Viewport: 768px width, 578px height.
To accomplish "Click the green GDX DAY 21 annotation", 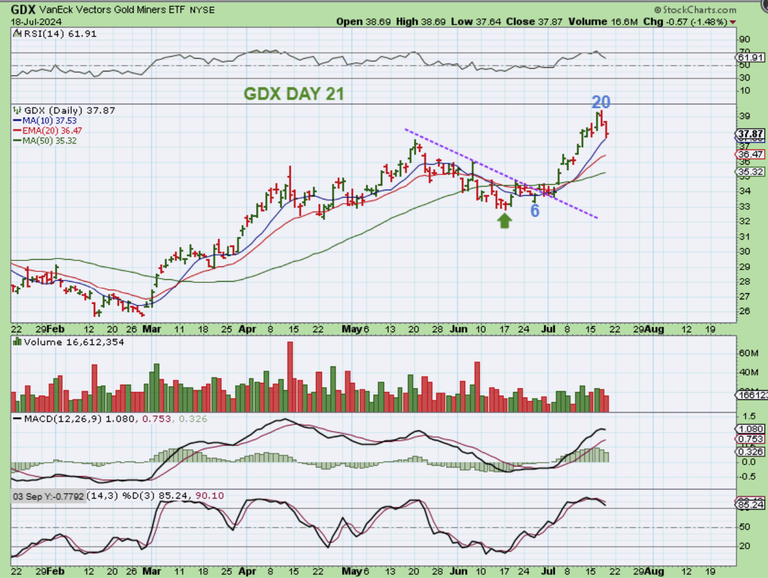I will click(x=294, y=93).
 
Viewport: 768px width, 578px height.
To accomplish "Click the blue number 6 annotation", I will click(x=535, y=211).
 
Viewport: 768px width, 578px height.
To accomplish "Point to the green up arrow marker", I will click(x=504, y=220).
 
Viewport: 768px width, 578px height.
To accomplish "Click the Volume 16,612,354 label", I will click(x=73, y=342).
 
